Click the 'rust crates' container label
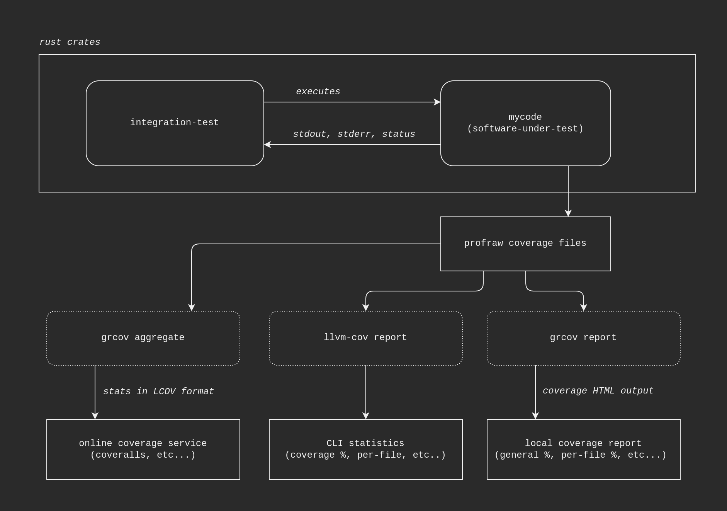(70, 42)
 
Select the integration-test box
(175, 123)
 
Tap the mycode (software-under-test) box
(525, 123)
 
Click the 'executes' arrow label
(318, 92)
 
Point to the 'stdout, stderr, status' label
(354, 134)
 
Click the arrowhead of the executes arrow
(437, 102)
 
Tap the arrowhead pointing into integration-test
(267, 145)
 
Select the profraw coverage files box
(525, 244)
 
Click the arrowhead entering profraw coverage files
(568, 213)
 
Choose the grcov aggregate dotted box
(143, 338)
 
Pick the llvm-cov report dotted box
(365, 338)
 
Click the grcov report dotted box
(583, 338)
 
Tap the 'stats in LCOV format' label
(158, 392)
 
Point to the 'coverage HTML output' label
(598, 391)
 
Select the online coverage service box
(143, 449)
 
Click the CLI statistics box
(365, 449)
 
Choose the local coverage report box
(583, 449)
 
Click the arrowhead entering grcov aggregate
(192, 308)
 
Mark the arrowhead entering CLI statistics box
(366, 416)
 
